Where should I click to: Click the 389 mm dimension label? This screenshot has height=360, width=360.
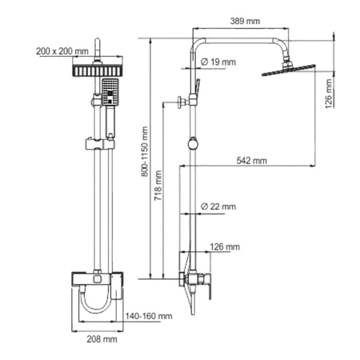[245, 21]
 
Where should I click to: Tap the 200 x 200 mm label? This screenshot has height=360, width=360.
[62, 51]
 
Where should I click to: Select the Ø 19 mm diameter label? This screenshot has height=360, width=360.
[218, 62]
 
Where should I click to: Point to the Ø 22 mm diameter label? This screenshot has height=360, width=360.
[218, 206]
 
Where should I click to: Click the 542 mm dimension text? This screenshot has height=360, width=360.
[251, 161]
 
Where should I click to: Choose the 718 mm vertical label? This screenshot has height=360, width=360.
[158, 186]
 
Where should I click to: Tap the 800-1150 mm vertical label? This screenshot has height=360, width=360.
[145, 151]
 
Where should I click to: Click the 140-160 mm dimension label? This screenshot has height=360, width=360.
[149, 316]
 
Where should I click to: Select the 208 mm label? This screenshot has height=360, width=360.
[102, 339]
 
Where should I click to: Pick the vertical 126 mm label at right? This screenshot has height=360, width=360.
[329, 94]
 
